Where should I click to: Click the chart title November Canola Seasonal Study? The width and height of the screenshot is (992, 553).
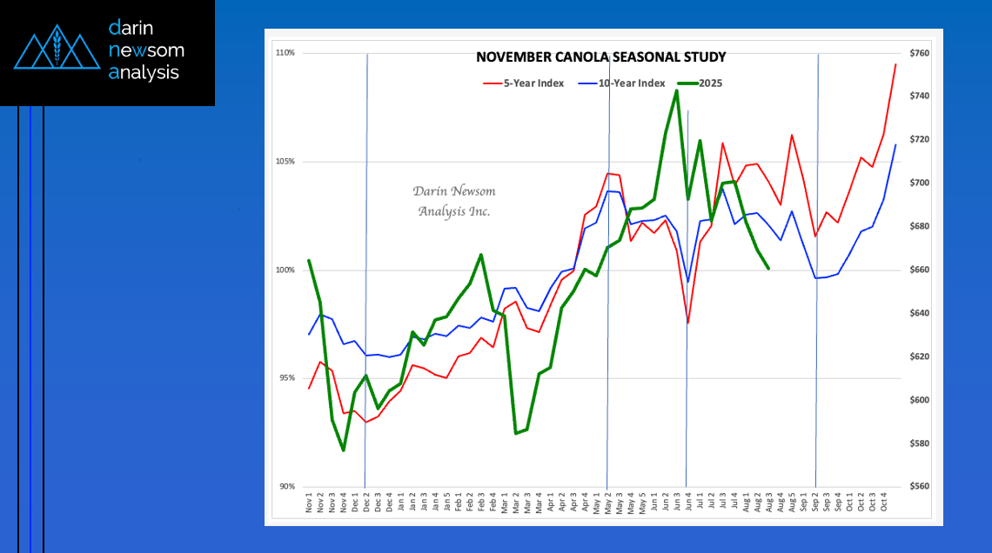coord(600,57)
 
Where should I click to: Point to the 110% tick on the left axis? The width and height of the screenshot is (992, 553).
coord(285,53)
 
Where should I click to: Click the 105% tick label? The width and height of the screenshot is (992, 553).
coord(285,162)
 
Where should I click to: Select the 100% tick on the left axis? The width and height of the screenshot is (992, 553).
coord(285,270)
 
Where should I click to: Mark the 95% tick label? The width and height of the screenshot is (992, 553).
coord(286,378)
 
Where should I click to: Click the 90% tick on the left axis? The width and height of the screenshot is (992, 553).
coord(286,487)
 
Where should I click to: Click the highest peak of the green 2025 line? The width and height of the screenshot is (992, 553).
coord(676,90)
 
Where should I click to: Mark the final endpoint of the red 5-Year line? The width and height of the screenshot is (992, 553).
coord(895,64)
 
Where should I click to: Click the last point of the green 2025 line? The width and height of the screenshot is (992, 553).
coord(768,269)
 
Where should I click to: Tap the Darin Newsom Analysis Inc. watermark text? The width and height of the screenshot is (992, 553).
coord(453,201)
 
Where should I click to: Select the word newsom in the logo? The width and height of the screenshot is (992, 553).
coord(146,50)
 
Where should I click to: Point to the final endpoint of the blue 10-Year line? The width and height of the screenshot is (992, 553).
coord(895,145)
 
